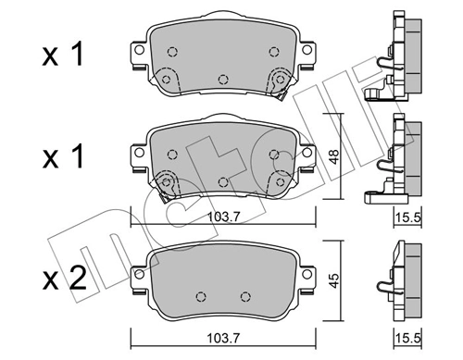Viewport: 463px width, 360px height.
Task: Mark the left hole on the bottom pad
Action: click(x=199, y=296)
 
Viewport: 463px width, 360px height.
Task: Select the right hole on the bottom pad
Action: click(x=244, y=296)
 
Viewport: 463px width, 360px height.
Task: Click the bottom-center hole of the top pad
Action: click(x=221, y=79)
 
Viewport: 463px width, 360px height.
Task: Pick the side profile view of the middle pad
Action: click(x=394, y=157)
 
